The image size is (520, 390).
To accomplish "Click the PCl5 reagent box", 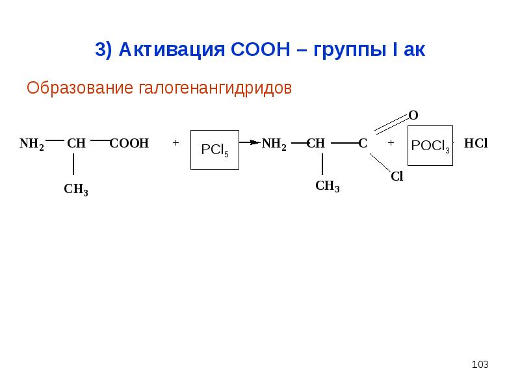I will coord(213,149).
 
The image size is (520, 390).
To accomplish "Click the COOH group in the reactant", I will coord(129,144).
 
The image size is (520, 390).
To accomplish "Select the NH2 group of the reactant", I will coord(32,144).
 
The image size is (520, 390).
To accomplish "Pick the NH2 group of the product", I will coord(274,144).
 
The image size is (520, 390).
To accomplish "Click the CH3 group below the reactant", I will coord(76,190).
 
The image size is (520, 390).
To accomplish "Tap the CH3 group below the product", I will coord(328,187).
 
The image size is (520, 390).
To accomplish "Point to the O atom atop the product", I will coord(413,116).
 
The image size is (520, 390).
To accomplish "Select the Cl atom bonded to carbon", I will coord(396,176).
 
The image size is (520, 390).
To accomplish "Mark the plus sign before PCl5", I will coord(176,142).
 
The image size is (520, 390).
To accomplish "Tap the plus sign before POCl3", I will coord(390,142).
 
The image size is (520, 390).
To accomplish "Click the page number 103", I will coord(480,364).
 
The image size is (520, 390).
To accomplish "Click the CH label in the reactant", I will coord(77,144).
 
